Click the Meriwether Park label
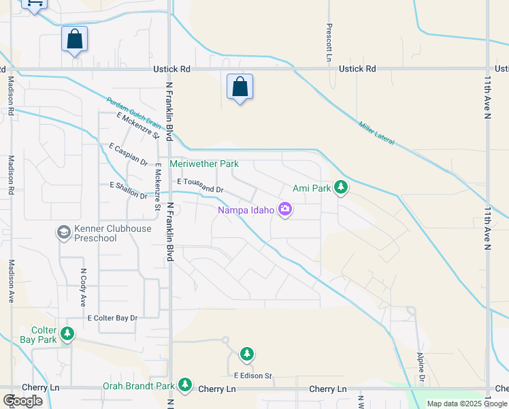(204, 164)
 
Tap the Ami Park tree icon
(341, 187)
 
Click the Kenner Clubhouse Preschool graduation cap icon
(64, 233)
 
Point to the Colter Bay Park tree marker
(67, 334)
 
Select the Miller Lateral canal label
(376, 132)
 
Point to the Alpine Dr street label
(421, 367)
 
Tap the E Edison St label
(252, 376)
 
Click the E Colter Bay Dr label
(112, 318)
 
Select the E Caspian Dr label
(128, 155)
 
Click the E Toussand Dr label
(200, 185)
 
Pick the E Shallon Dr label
(128, 190)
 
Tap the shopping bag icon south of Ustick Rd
(240, 87)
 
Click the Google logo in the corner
(23, 401)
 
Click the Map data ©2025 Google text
(467, 404)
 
